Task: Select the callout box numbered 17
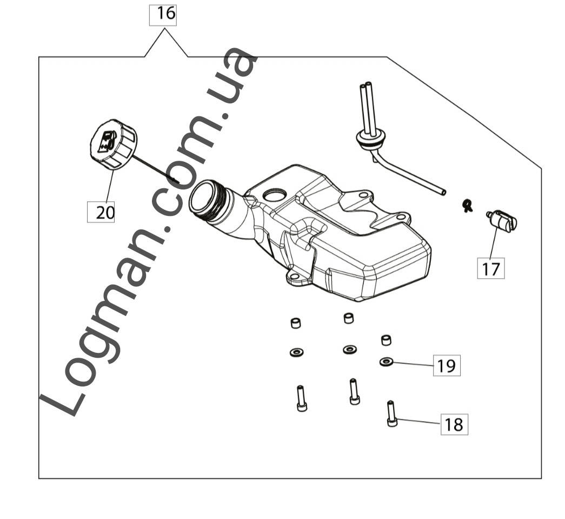pos(491,268)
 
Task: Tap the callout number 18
pos(454,424)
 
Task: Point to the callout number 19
pos(447,366)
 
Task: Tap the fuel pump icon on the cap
pos(107,140)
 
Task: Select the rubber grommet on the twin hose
pos(368,140)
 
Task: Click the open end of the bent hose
pos(443,192)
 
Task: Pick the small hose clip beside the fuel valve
pos(466,205)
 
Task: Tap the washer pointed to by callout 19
pos(386,362)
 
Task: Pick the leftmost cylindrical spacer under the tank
pos(295,323)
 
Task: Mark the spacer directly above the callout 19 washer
pos(386,340)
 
